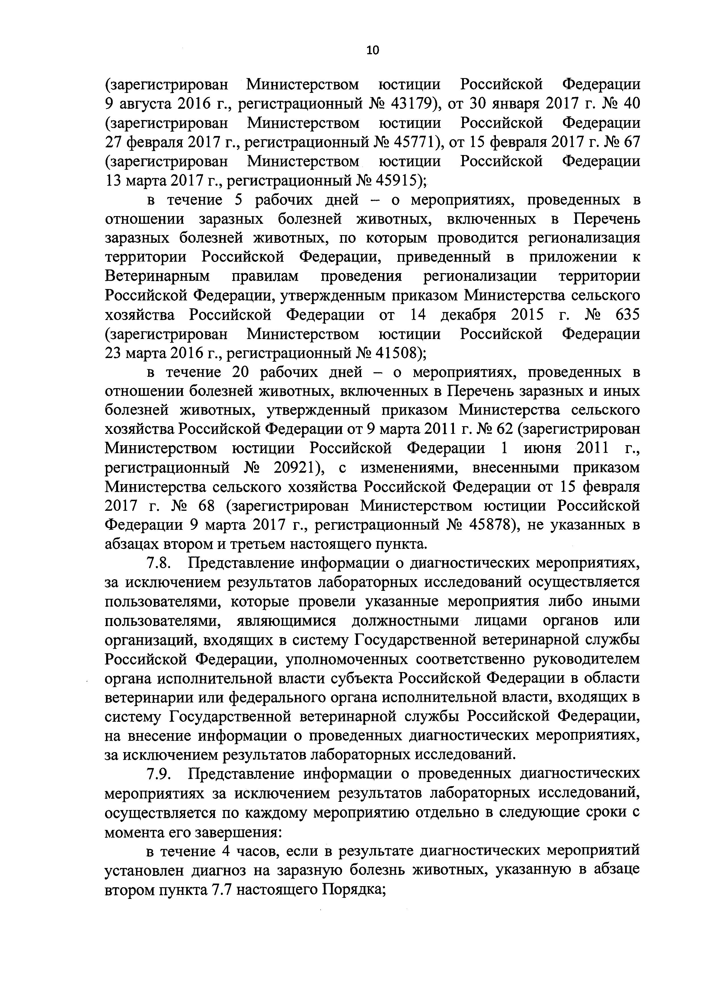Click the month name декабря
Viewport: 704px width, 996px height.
pos(468,315)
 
